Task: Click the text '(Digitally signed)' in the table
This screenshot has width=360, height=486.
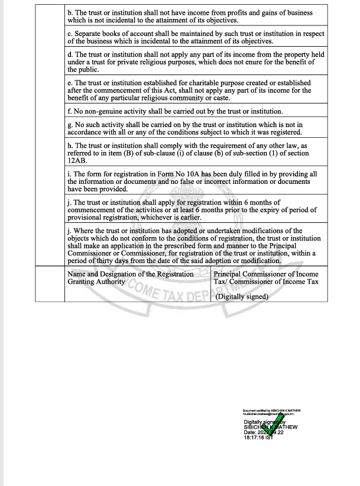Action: pyautogui.click(x=242, y=297)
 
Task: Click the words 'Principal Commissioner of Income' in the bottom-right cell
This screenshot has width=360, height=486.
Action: pyautogui.click(x=265, y=274)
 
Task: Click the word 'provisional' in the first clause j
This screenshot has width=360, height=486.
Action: pyautogui.click(x=87, y=217)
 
